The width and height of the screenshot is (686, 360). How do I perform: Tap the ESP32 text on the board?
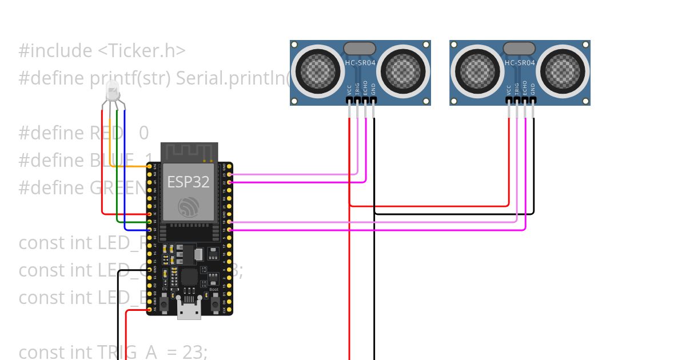188,182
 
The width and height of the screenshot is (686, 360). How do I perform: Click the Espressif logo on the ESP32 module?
188,207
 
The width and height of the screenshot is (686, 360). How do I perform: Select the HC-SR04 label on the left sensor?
360,63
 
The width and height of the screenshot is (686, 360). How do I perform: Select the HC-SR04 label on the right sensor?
520,63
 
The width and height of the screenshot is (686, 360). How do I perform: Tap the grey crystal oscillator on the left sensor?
360,49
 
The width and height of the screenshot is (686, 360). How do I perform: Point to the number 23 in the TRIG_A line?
193,353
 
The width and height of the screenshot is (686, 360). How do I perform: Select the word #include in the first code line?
55,51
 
